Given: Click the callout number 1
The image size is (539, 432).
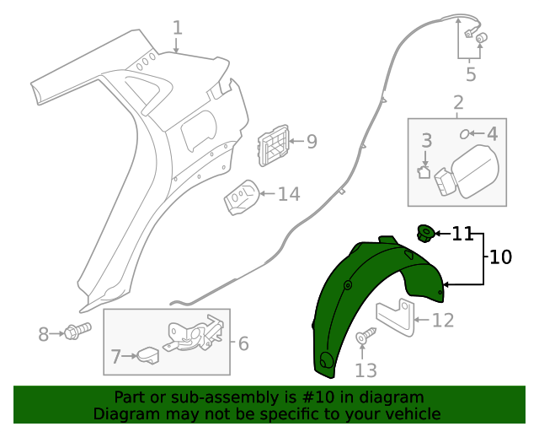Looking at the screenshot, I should click(x=177, y=28).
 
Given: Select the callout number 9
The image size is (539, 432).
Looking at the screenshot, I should click(x=312, y=142).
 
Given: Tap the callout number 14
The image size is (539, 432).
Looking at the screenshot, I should click(x=289, y=194).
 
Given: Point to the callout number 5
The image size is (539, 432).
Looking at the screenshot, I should click(x=471, y=74).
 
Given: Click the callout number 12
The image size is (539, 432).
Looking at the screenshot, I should click(x=443, y=321).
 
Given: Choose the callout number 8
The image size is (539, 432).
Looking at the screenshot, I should click(x=44, y=335).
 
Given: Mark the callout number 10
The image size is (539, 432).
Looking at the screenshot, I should click(x=500, y=257).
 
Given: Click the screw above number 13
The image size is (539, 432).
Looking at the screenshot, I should click(x=365, y=337).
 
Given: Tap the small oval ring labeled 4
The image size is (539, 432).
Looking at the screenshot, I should click(x=465, y=133).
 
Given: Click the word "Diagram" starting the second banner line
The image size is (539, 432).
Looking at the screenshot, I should click(x=124, y=414).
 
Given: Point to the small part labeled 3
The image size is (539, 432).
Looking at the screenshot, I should click(x=424, y=172).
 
